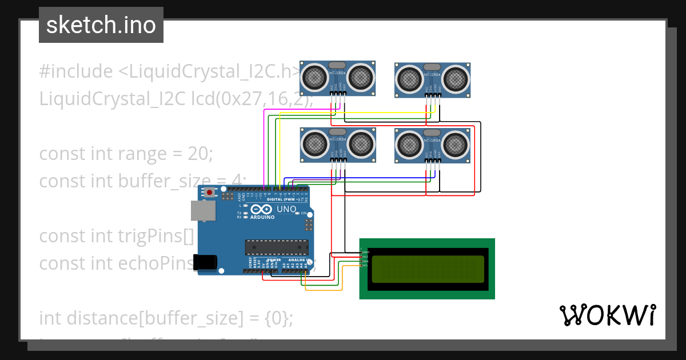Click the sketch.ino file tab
point(101,25)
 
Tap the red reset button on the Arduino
point(210,193)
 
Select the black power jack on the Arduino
point(205,262)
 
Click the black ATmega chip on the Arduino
point(277,247)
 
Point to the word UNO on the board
point(286,209)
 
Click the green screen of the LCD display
point(427,269)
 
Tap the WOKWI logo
point(607,315)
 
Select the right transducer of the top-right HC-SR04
point(456,78)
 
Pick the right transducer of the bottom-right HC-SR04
point(456,144)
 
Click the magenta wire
point(264,149)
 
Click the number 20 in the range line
point(198,154)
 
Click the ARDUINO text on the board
point(263,217)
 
